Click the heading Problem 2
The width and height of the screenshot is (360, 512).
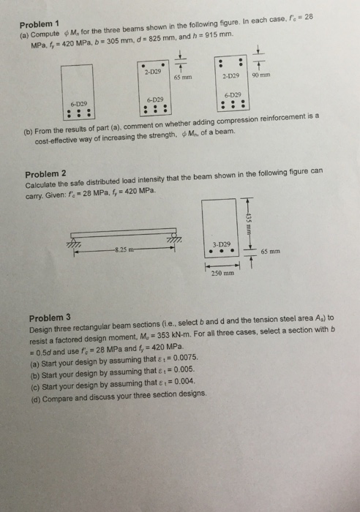click(x=45, y=173)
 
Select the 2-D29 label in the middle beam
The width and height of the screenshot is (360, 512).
click(x=153, y=72)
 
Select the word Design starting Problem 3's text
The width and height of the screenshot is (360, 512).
click(x=42, y=329)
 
